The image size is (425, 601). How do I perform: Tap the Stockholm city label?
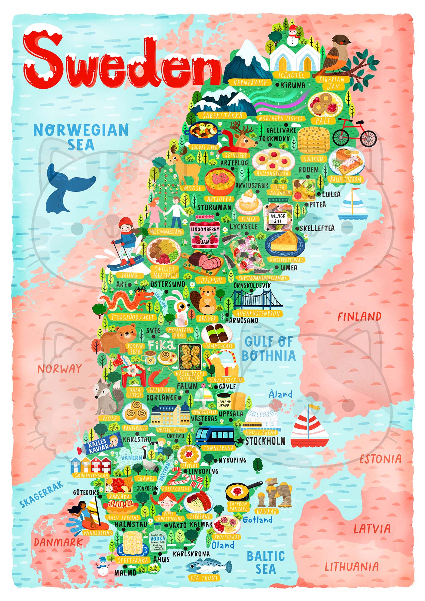[265, 441]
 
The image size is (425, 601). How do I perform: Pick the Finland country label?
[359, 316]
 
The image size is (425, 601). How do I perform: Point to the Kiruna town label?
[293, 85]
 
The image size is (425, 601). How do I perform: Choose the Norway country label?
[60, 369]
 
